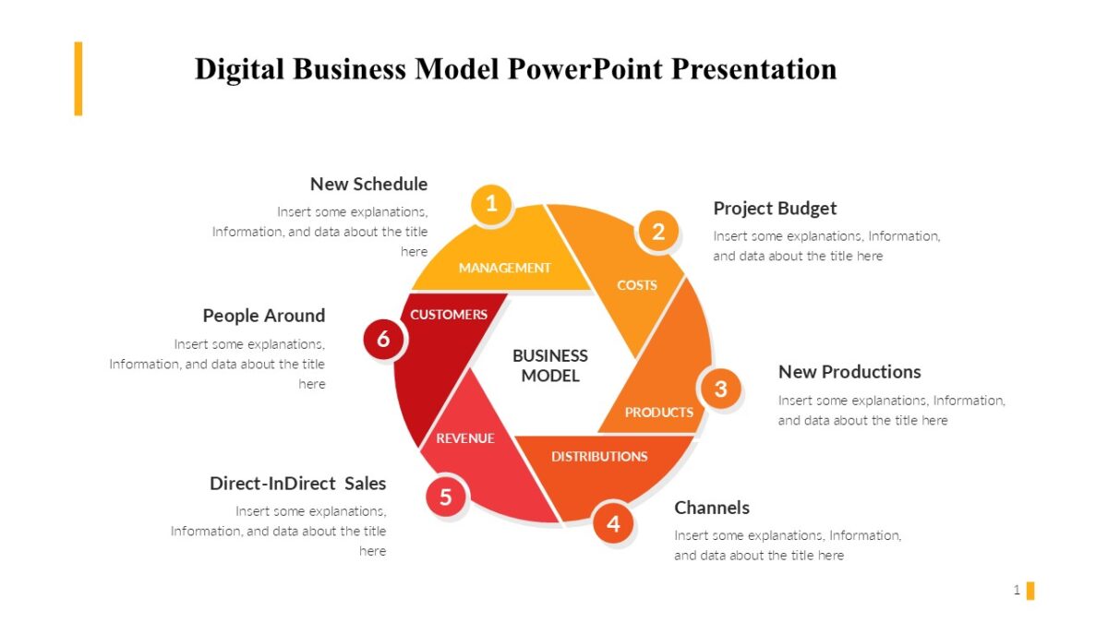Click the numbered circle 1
tap(491, 203)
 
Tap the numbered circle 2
tap(658, 231)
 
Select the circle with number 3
tap(720, 389)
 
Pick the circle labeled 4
tap(613, 524)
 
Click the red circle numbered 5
tap(446, 497)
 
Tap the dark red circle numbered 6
tap(383, 340)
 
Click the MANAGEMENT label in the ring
tap(504, 268)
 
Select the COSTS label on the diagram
tap(637, 285)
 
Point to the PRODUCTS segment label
tap(658, 412)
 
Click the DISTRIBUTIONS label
tap(599, 456)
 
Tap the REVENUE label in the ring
tap(465, 438)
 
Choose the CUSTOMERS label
tap(449, 315)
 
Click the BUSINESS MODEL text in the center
tap(550, 365)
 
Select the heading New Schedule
tap(368, 184)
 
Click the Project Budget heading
tap(775, 208)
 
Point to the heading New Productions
tap(849, 372)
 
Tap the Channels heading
tap(712, 508)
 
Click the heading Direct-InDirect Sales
tap(297, 484)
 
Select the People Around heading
tap(264, 316)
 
